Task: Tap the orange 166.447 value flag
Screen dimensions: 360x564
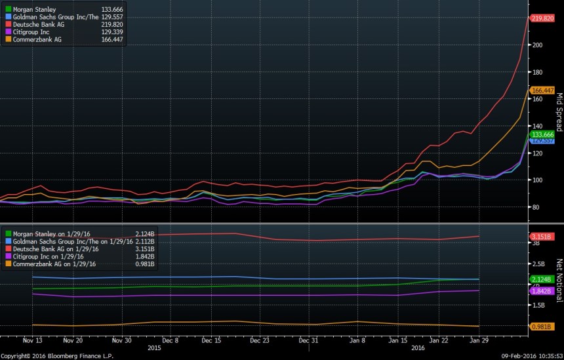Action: (x=542, y=90)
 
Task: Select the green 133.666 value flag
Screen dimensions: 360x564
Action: (x=542, y=134)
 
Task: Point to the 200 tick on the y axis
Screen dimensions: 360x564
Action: (x=537, y=45)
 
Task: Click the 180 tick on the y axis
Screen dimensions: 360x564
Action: (x=537, y=72)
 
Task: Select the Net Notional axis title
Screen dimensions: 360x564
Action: (x=559, y=280)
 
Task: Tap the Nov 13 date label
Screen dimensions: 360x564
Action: (x=33, y=340)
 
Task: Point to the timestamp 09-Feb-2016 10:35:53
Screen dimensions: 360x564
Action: (x=529, y=355)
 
